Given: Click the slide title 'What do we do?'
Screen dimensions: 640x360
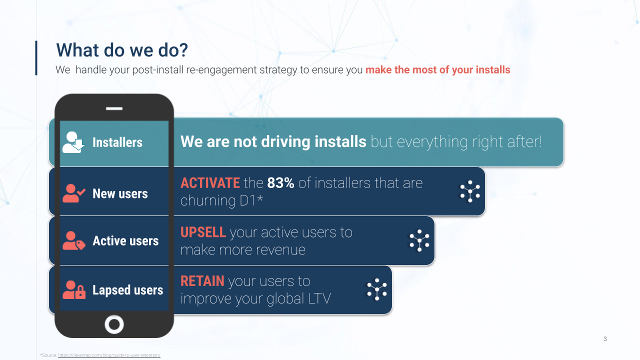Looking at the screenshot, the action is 122,50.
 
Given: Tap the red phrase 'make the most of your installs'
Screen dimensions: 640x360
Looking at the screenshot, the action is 437,69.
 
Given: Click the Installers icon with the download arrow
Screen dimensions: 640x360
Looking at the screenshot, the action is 73,142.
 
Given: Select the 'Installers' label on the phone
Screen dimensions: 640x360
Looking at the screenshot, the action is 117,142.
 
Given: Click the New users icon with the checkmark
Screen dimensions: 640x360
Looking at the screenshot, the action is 73,193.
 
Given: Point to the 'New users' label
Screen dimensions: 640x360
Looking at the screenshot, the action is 120,193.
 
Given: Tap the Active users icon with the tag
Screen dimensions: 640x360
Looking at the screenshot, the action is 73,240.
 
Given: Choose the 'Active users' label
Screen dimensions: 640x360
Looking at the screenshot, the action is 125,241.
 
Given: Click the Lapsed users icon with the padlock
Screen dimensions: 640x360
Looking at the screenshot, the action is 73,289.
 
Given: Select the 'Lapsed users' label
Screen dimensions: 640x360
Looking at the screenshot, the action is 127,290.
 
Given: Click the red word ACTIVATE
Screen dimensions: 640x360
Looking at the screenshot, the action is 210,183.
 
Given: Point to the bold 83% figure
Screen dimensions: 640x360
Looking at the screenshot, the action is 280,183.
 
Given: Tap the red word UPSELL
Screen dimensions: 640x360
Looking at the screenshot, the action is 203,232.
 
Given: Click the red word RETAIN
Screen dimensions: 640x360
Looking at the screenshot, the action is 202,281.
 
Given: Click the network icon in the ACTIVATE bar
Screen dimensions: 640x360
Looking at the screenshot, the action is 470,191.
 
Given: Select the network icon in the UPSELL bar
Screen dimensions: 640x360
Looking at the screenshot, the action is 419,240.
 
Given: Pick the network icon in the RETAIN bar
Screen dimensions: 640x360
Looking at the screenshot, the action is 377,289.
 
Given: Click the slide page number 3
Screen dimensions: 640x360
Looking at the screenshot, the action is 605,339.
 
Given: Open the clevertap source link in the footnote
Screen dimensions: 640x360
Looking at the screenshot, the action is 109,355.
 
